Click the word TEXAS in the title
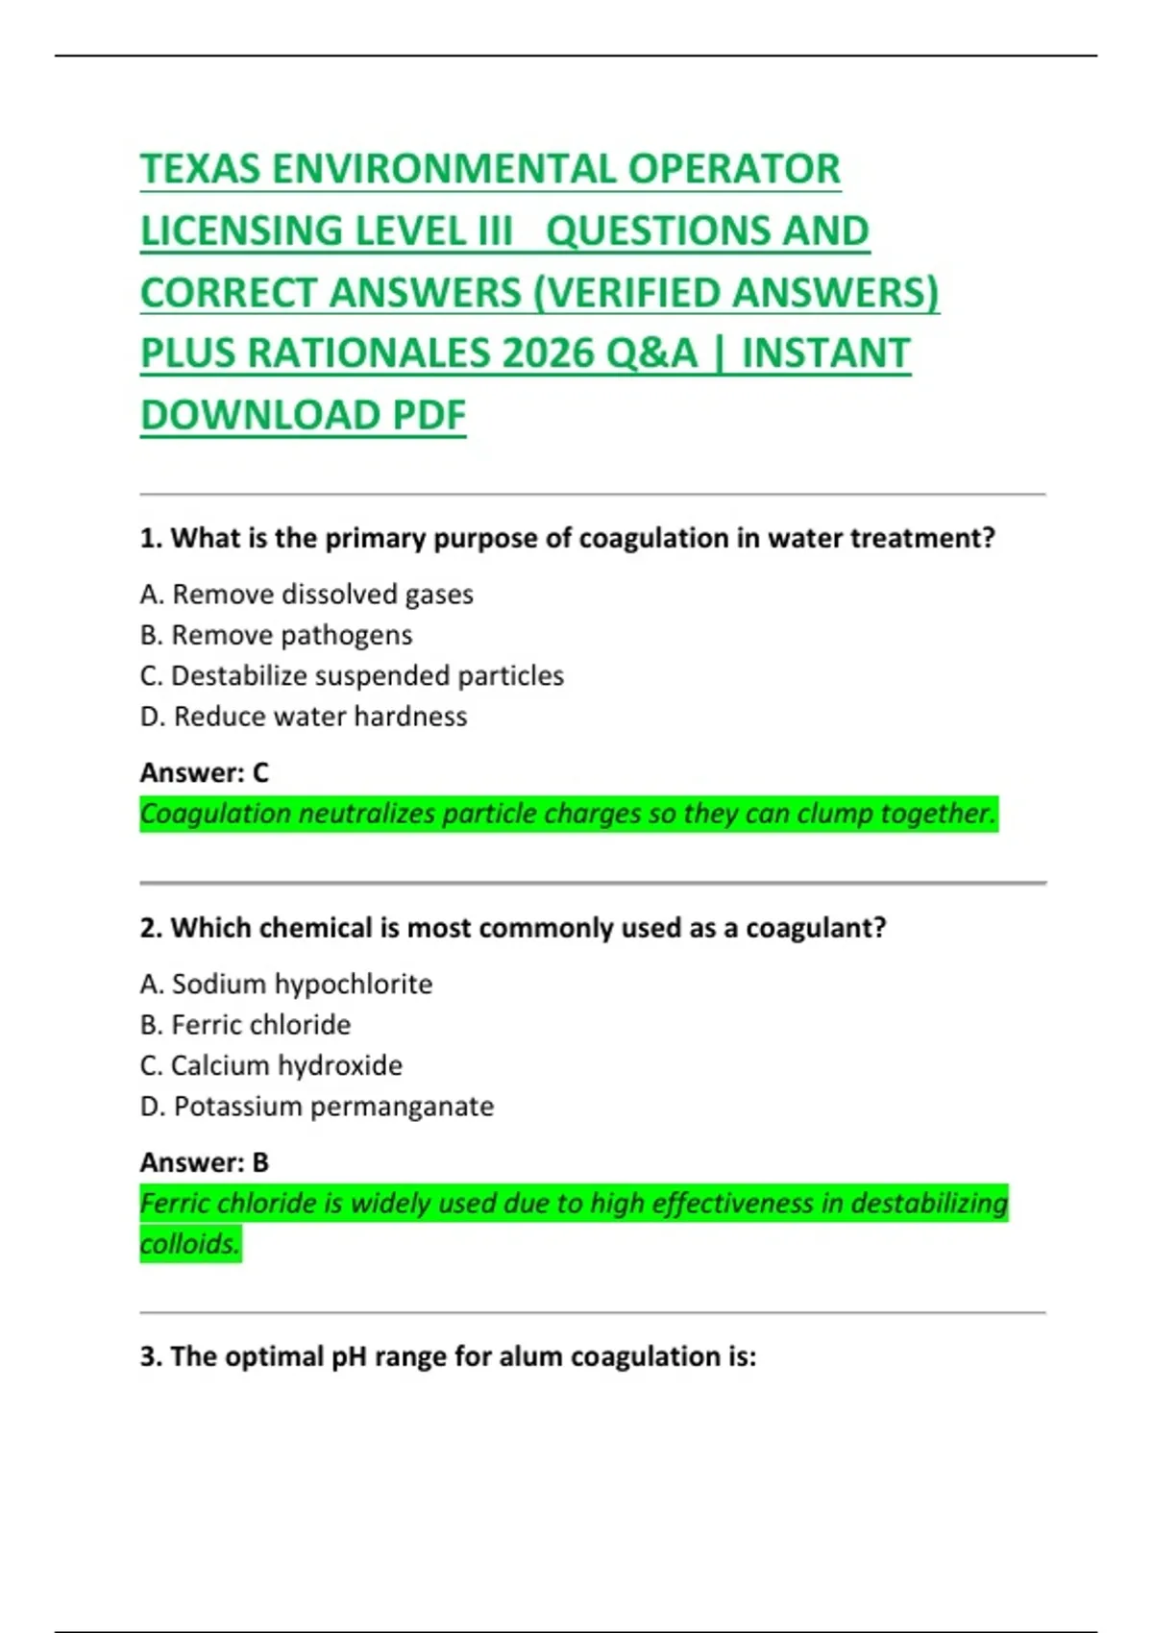click(201, 170)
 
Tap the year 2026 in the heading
click(548, 353)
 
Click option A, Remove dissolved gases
click(307, 595)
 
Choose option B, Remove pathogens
click(276, 635)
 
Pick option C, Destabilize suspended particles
click(352, 676)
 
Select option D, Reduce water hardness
click(304, 717)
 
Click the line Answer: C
click(205, 772)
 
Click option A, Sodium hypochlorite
click(286, 984)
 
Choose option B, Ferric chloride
click(245, 1025)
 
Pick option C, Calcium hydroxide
click(271, 1065)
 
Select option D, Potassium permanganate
click(317, 1107)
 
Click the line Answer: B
click(205, 1162)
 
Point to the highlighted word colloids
click(189, 1244)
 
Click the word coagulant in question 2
click(815, 928)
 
